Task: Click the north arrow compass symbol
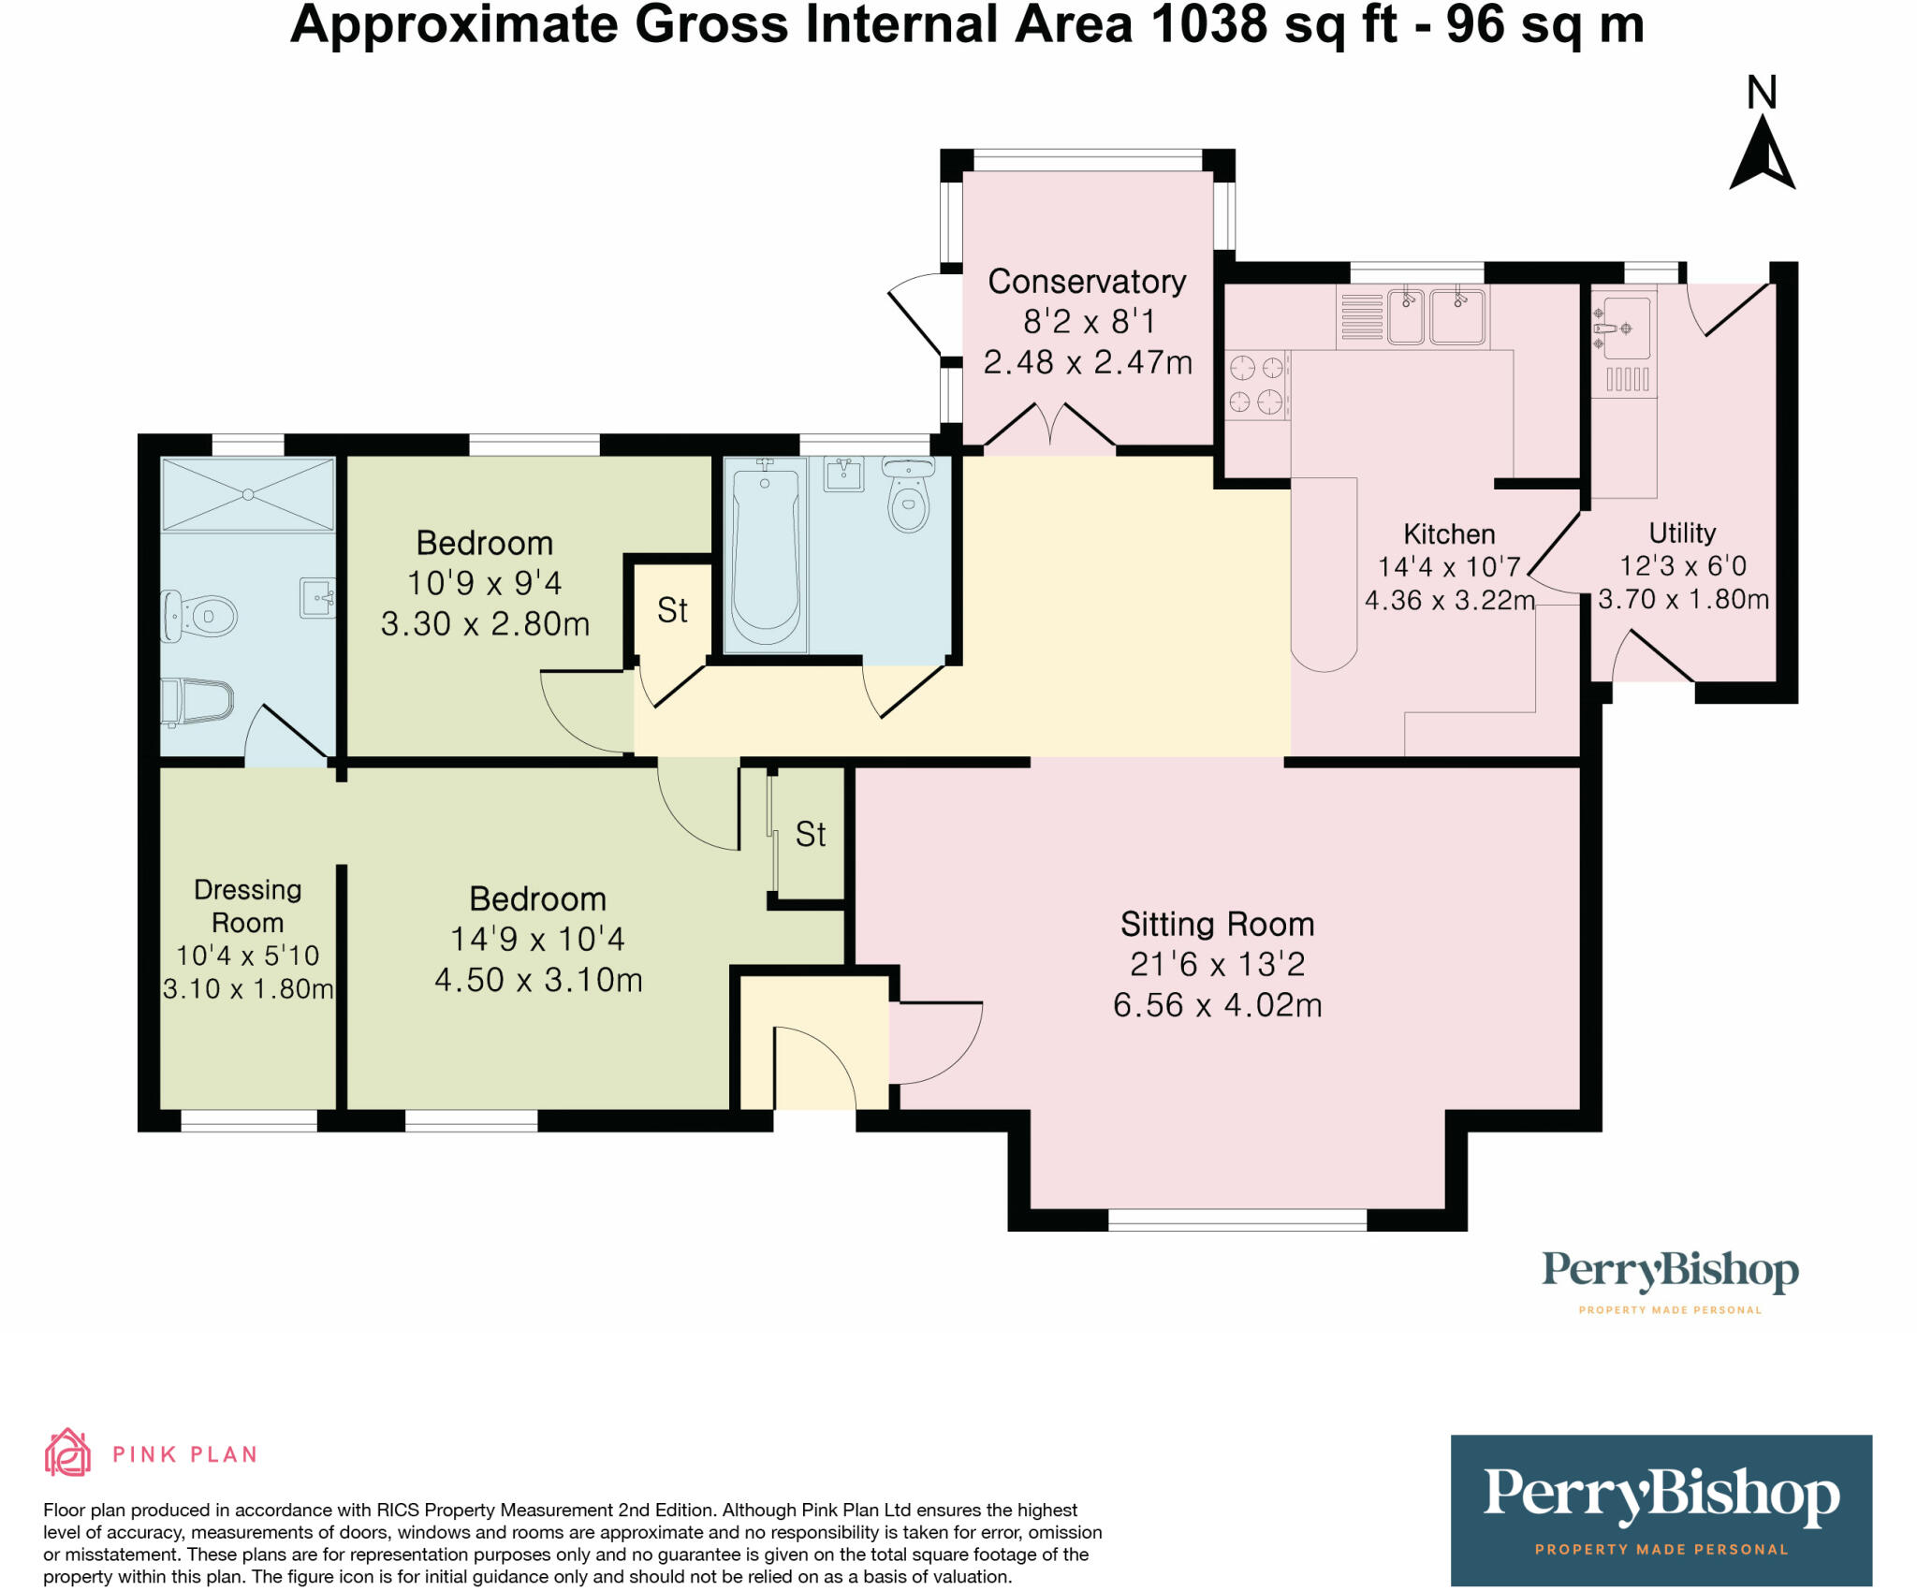click(1762, 153)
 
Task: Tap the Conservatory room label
click(1087, 282)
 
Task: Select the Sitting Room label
click(1217, 925)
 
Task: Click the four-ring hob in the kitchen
click(1256, 385)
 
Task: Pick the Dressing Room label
click(247, 906)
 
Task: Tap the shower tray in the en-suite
click(248, 494)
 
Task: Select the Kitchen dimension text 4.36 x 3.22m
click(1450, 600)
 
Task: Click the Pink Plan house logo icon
click(67, 1453)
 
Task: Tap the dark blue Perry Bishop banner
click(1661, 1510)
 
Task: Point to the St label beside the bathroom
click(672, 611)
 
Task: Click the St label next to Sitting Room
click(811, 835)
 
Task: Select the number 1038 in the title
click(1208, 24)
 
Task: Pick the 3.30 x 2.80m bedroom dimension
click(485, 624)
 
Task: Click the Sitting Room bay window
click(1237, 1219)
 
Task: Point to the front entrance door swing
click(814, 1068)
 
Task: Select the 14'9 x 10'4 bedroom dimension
click(537, 940)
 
